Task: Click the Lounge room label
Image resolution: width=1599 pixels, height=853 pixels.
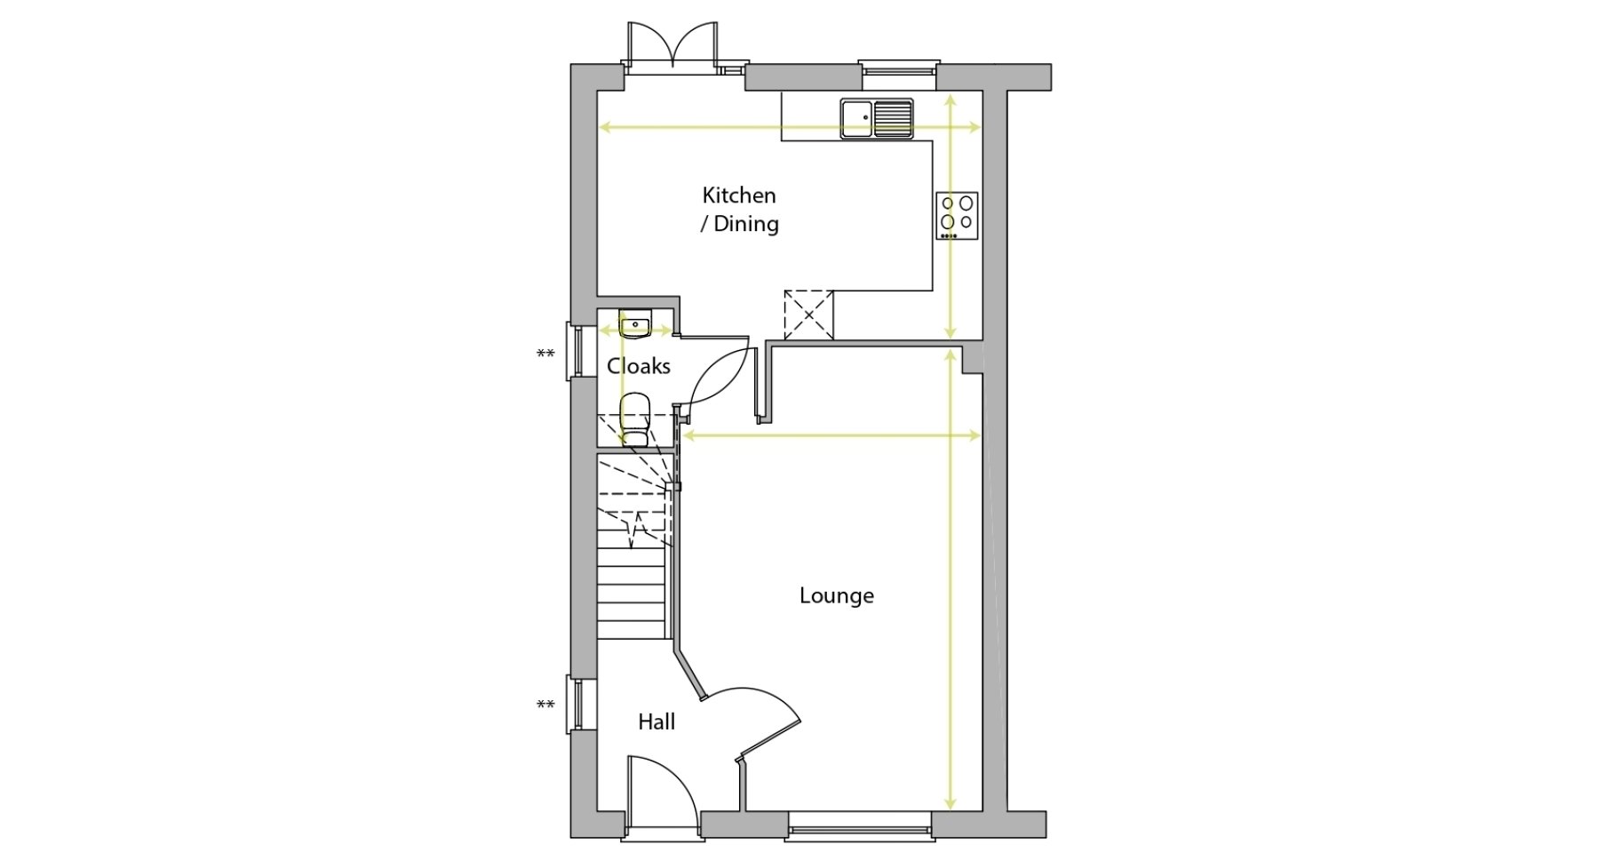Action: pos(836,596)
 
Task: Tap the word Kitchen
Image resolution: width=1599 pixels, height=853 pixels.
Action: pos(739,195)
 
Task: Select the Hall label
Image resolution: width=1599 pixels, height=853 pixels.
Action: pos(656,722)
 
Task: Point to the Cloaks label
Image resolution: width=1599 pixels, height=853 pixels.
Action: pos(639,366)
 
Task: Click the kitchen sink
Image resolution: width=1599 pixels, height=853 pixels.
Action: pos(877,119)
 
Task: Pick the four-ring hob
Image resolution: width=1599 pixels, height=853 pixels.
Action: pos(957,216)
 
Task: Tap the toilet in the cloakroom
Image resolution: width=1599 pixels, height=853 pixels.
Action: pos(635,420)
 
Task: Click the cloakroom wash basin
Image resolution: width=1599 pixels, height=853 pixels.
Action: pos(635,323)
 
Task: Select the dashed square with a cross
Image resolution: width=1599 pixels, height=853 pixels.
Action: pos(808,315)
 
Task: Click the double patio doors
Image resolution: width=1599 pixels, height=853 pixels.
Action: pos(672,44)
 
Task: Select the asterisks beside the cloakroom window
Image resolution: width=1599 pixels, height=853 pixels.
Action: pos(545,355)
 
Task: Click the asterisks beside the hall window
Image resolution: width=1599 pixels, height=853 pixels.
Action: pos(545,706)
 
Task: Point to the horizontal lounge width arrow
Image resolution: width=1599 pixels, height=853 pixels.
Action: pos(831,435)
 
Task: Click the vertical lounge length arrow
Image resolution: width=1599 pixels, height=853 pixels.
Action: pos(951,579)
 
